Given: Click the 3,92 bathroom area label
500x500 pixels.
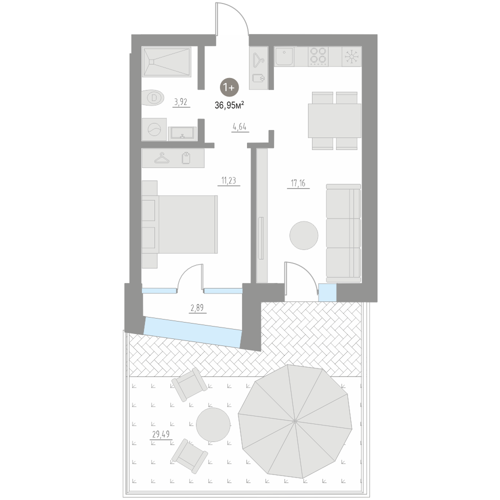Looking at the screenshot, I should click(180, 102).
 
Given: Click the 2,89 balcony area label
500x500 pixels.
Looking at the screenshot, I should click(197, 308).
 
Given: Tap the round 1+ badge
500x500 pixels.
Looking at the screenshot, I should click(229, 87).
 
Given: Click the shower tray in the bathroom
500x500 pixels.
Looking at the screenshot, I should click(166, 62).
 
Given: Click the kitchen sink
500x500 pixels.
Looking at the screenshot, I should click(283, 56).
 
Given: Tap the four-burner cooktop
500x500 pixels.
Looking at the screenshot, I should click(317, 56).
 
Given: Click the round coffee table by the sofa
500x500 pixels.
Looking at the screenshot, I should click(303, 235).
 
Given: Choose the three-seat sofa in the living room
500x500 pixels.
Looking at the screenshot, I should click(343, 232).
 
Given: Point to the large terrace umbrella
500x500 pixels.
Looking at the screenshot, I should click(295, 420).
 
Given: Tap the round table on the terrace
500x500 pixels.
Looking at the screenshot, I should click(212, 424).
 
